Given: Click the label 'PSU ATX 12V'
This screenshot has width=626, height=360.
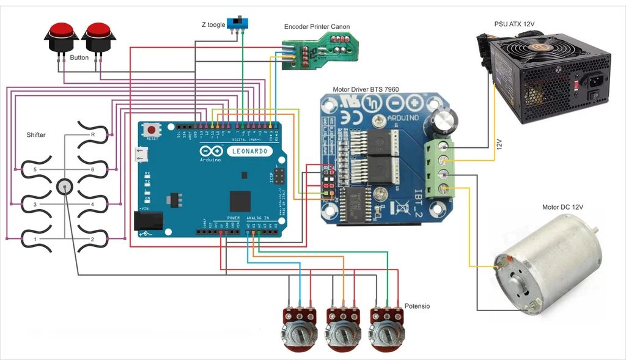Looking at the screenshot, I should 514,24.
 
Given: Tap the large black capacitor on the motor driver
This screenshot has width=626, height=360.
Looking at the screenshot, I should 444,119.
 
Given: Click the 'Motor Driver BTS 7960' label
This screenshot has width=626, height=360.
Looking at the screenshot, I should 365,89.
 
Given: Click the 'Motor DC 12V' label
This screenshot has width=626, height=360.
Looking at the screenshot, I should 562,207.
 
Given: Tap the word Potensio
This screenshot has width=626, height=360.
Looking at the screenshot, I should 417,306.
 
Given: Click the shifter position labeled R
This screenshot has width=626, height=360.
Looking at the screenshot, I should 93,134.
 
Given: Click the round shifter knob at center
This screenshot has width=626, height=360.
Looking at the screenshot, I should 65,187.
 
